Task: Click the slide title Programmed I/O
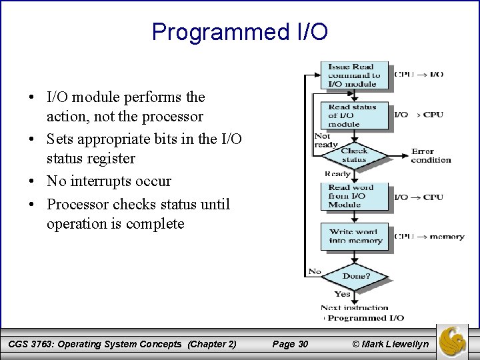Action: [x=240, y=31]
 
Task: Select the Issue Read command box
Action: [x=354, y=75]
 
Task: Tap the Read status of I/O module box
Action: [x=354, y=115]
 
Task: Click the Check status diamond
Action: [x=354, y=155]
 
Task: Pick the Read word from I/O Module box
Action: [x=354, y=196]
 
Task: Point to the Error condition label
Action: [x=431, y=155]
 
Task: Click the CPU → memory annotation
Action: [x=429, y=236]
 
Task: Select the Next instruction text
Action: [x=354, y=307]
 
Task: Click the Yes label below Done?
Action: [x=342, y=293]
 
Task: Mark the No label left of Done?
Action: [x=314, y=271]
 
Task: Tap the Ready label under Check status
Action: [x=337, y=173]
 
